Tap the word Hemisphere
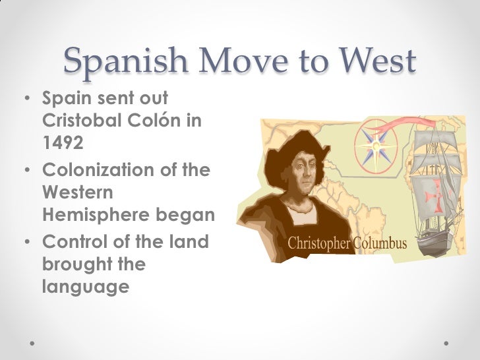95,215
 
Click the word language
84,287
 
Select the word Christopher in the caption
319,244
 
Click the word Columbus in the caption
380,244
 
